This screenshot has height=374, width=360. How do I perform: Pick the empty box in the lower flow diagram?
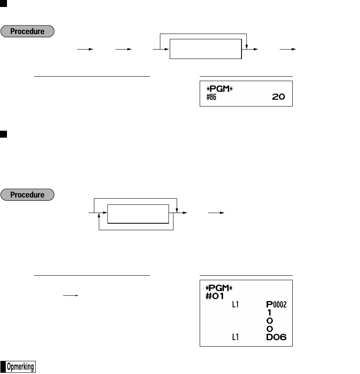(138, 213)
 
